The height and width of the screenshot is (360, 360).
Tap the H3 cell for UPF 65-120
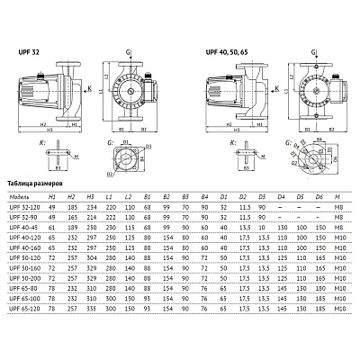pyautogui.click(x=91, y=308)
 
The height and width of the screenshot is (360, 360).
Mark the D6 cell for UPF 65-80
pyautogui.click(x=319, y=288)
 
